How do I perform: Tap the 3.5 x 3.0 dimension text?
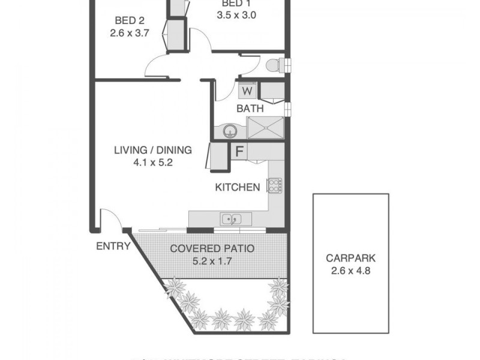(236, 16)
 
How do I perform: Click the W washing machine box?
(247, 91)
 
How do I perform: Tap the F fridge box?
(238, 152)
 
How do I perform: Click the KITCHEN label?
(238, 187)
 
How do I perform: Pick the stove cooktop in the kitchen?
(274, 186)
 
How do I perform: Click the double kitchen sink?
(231, 219)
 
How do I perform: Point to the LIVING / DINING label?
(153, 150)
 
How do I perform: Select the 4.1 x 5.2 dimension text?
(153, 162)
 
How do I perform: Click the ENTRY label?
(113, 245)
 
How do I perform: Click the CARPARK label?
(351, 259)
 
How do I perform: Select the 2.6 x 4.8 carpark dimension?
(351, 271)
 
